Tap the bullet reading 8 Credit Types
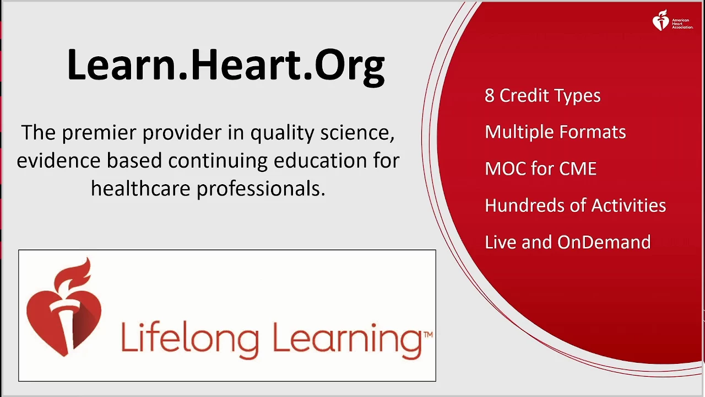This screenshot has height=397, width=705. pyautogui.click(x=543, y=95)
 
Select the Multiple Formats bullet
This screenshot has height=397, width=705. pyautogui.click(x=555, y=132)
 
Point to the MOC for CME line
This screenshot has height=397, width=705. pyautogui.click(x=540, y=169)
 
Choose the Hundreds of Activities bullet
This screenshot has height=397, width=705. pyautogui.click(x=575, y=205)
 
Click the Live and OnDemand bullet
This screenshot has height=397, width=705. pyautogui.click(x=567, y=242)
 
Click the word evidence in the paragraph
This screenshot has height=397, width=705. pyautogui.click(x=58, y=160)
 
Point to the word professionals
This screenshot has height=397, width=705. pyautogui.click(x=261, y=189)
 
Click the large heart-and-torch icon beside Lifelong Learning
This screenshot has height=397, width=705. pyautogui.click(x=64, y=307)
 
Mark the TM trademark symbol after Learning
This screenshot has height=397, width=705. pyautogui.click(x=428, y=335)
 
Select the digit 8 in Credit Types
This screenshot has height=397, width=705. pyautogui.click(x=490, y=95)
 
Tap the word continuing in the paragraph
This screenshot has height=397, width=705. pyautogui.click(x=218, y=161)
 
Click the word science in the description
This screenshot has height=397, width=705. pyautogui.click(x=357, y=133)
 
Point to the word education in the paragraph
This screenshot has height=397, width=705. pyautogui.click(x=321, y=160)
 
